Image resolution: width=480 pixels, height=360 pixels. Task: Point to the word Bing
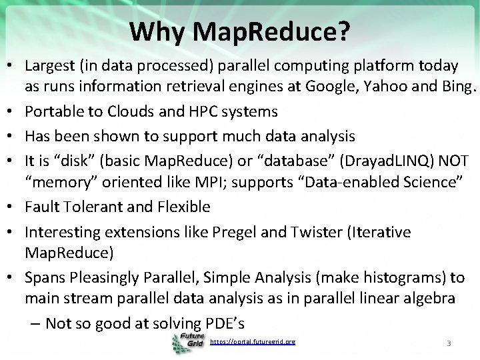coord(459,86)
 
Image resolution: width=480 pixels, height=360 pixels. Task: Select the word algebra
coord(431,298)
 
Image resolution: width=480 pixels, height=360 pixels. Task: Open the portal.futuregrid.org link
coord(252,342)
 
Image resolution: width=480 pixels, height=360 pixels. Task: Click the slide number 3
coord(449,343)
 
